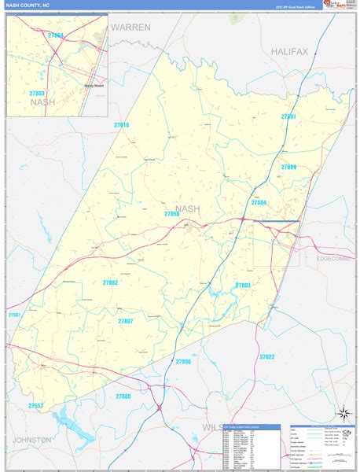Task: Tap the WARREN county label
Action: pyautogui.click(x=130, y=27)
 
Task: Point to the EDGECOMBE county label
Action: pyautogui.click(x=337, y=258)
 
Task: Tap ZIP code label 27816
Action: pyautogui.click(x=121, y=125)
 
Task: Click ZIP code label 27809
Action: pyautogui.click(x=288, y=167)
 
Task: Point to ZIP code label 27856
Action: pyautogui.click(x=173, y=214)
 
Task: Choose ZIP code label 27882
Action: pyautogui.click(x=110, y=282)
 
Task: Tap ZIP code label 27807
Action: pyautogui.click(x=125, y=321)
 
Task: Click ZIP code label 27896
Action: pyautogui.click(x=183, y=361)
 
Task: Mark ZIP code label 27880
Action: pyautogui.click(x=123, y=396)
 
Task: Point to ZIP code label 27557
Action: pyautogui.click(x=36, y=405)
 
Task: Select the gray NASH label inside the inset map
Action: pyautogui.click(x=42, y=101)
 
